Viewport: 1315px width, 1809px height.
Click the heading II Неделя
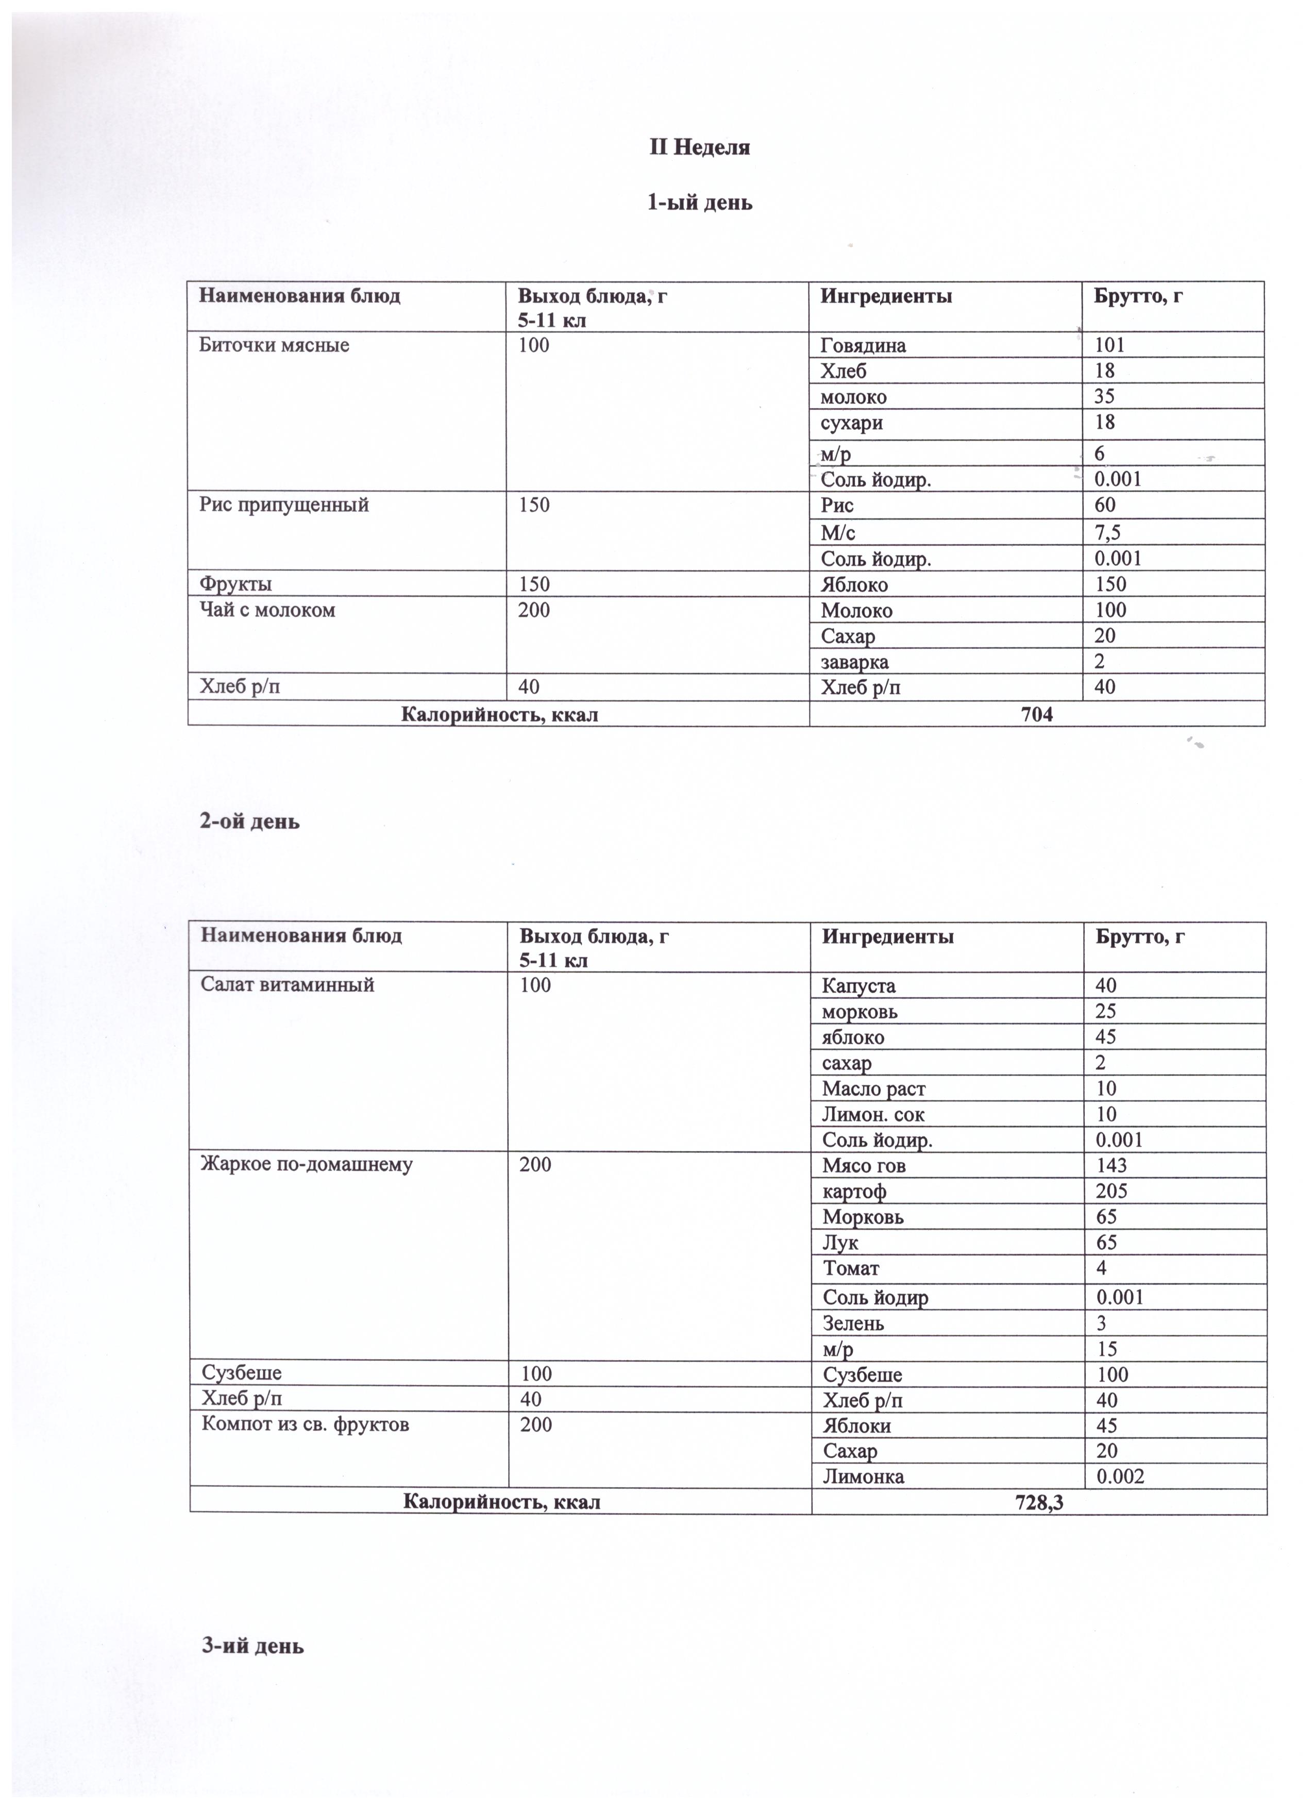click(699, 147)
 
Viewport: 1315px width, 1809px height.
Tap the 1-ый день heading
click(699, 203)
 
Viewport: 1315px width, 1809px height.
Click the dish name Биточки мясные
click(274, 345)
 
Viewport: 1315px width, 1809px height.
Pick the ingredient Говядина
click(863, 345)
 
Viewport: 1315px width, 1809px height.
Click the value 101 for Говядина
click(1109, 345)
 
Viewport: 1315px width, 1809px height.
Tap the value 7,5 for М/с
click(1108, 532)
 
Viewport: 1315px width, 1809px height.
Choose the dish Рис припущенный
click(284, 505)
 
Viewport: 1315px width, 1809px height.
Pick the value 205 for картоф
click(1111, 1191)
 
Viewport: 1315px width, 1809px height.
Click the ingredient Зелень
click(853, 1324)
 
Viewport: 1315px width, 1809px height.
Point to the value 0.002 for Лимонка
click(1120, 1477)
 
